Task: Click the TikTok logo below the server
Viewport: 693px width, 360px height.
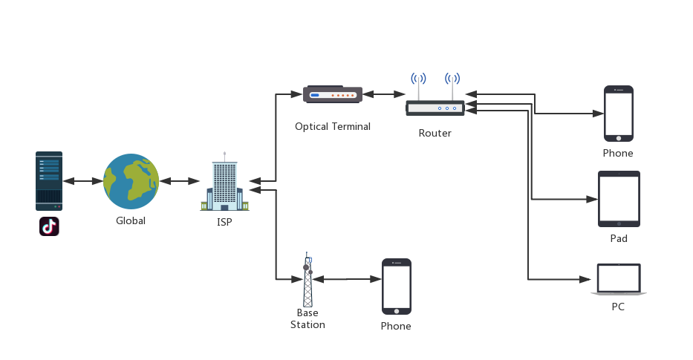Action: pyautogui.click(x=49, y=226)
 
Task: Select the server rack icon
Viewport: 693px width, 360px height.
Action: pyautogui.click(x=49, y=181)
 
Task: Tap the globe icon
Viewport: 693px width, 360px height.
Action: pyautogui.click(x=131, y=182)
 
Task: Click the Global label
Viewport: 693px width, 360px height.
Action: pyautogui.click(x=131, y=220)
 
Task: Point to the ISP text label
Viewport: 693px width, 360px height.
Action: pyautogui.click(x=224, y=221)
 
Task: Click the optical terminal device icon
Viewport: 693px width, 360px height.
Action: pyautogui.click(x=333, y=94)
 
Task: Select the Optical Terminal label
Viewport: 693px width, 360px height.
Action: pyautogui.click(x=332, y=126)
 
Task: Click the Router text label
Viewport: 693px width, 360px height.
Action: pyautogui.click(x=435, y=134)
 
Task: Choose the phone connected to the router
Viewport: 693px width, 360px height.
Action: pyautogui.click(x=618, y=114)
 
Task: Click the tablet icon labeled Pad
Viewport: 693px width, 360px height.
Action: pyautogui.click(x=619, y=199)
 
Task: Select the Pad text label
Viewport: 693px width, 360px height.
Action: pyautogui.click(x=619, y=238)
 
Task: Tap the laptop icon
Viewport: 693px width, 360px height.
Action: pyautogui.click(x=619, y=280)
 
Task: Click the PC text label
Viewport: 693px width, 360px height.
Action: pyautogui.click(x=618, y=307)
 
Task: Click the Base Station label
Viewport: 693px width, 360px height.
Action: pyautogui.click(x=308, y=318)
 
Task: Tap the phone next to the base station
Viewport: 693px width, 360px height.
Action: pyautogui.click(x=396, y=287)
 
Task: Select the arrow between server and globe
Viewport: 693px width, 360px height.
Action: pyautogui.click(x=82, y=181)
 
